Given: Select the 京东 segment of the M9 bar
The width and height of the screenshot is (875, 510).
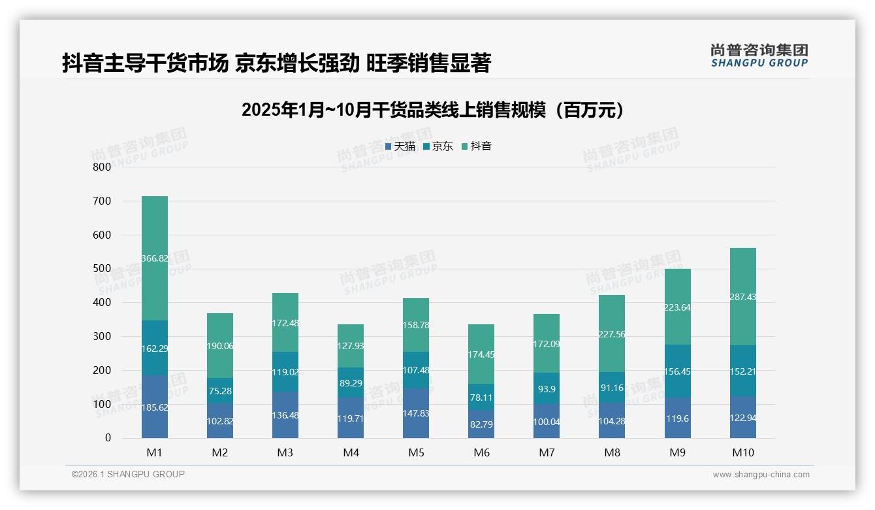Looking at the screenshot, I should point(678,371).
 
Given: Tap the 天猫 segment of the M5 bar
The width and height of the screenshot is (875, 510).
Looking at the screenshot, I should point(416,413).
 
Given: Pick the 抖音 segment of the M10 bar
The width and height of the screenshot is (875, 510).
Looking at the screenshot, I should point(743,296).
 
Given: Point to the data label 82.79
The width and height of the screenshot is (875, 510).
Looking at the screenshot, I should point(481,424).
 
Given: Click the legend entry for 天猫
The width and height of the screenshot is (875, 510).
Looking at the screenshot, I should point(400,146).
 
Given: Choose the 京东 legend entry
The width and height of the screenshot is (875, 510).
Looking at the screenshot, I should point(438,146).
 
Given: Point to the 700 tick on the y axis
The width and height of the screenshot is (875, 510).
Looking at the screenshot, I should point(102,201).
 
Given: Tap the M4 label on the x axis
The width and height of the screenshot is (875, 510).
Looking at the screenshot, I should point(351,452).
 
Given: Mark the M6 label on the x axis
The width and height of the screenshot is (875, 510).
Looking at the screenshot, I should point(481,452).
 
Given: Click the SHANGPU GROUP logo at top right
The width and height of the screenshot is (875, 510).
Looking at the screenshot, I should point(759,55).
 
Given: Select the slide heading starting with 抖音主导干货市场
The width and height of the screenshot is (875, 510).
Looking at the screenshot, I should point(276,63).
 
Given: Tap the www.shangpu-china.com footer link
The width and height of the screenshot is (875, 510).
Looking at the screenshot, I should point(761,475).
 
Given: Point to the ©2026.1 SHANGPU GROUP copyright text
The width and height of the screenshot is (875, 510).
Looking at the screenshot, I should point(128,474).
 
